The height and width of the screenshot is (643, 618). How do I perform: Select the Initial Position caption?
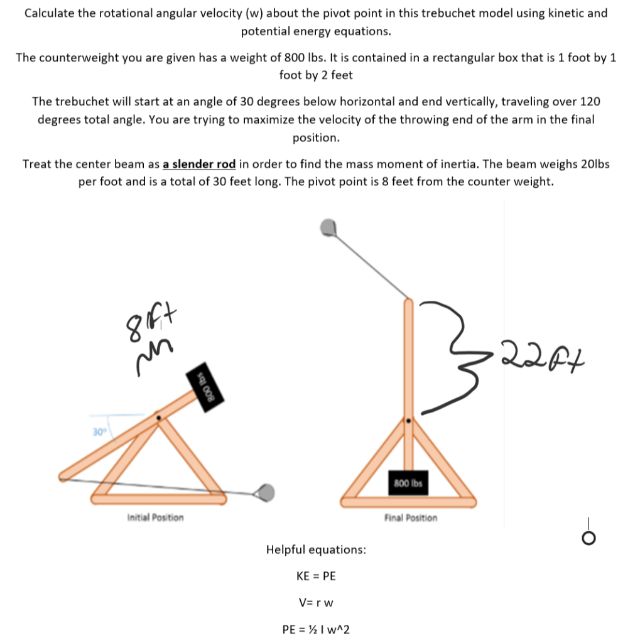coord(155,517)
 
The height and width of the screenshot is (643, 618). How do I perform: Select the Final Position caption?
coord(411,517)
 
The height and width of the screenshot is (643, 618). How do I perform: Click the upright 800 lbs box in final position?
coord(409,484)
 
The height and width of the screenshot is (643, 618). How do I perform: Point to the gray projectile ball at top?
coord(328,227)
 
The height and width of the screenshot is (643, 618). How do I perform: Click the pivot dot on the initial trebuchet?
coord(158,416)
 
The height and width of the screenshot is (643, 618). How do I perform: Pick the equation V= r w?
coord(316,602)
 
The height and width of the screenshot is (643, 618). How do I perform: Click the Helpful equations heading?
coord(316,549)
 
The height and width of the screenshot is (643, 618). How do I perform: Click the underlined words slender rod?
coord(199,164)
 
